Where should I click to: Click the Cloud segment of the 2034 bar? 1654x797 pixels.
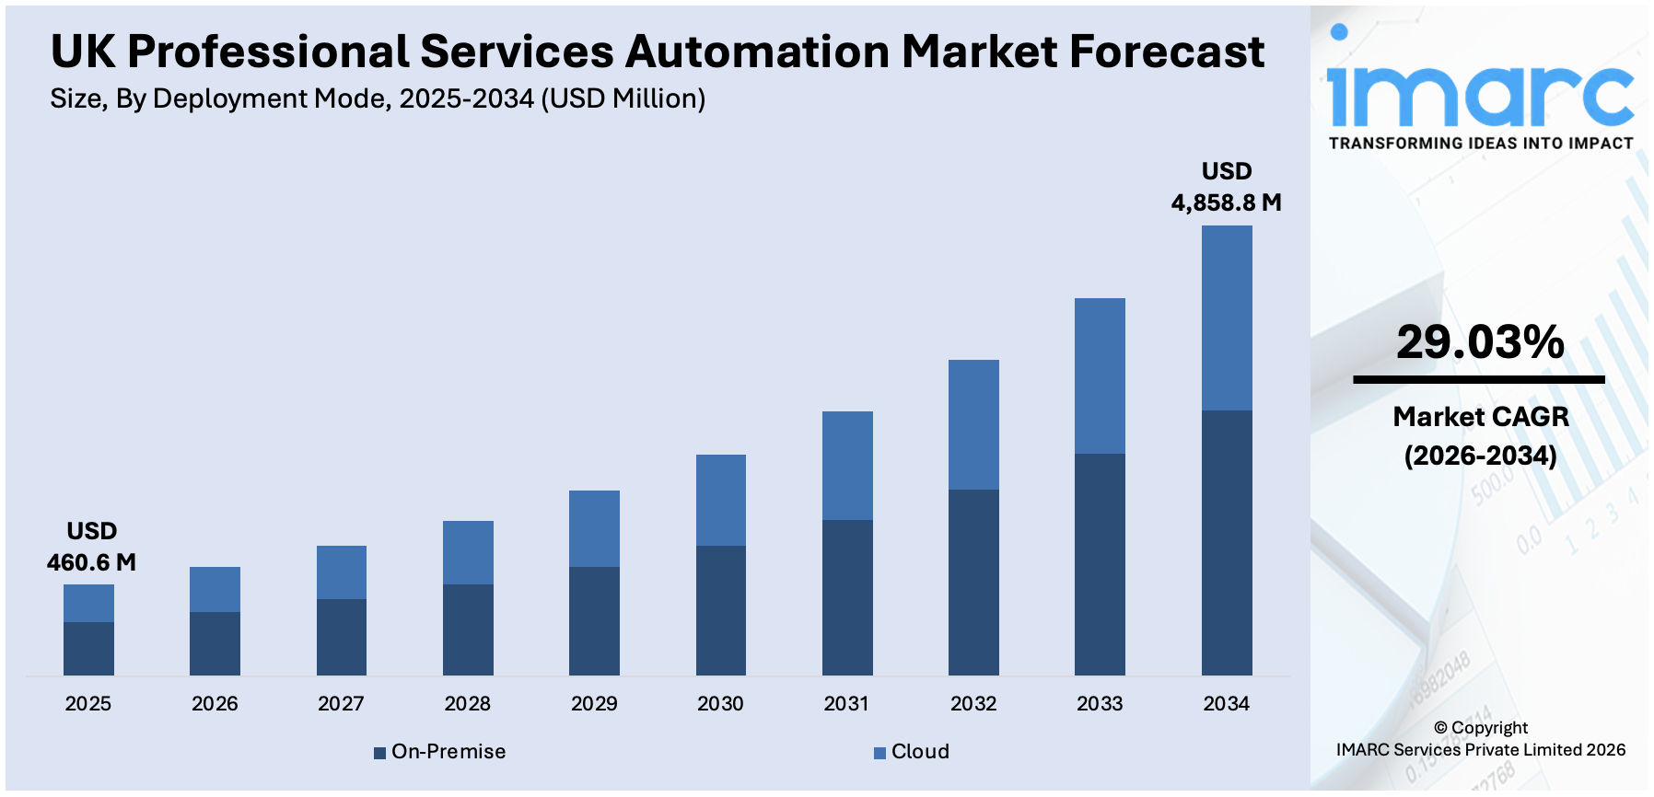tap(1226, 318)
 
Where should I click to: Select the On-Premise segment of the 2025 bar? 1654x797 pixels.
tap(88, 649)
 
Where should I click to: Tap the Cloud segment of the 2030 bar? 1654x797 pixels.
tap(720, 500)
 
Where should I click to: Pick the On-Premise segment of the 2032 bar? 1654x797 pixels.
tap(973, 582)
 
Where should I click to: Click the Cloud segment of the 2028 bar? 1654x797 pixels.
tap(468, 552)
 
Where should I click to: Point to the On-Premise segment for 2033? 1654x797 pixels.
tap(1100, 564)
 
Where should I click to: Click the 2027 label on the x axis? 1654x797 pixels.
tap(341, 704)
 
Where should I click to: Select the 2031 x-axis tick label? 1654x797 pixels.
tap(846, 704)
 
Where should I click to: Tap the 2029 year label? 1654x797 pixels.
tap(594, 704)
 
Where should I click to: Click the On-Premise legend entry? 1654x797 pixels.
tap(439, 752)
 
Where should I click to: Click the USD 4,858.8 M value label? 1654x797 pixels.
tap(1226, 187)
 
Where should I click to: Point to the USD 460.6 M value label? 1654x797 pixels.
tap(91, 547)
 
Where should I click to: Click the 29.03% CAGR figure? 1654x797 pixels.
tap(1480, 342)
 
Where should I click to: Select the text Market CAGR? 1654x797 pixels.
tap(1480, 417)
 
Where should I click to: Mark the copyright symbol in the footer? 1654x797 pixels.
tap(1440, 728)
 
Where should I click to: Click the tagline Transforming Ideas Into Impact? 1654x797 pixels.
tap(1480, 144)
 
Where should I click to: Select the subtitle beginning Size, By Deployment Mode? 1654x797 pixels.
tap(378, 98)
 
